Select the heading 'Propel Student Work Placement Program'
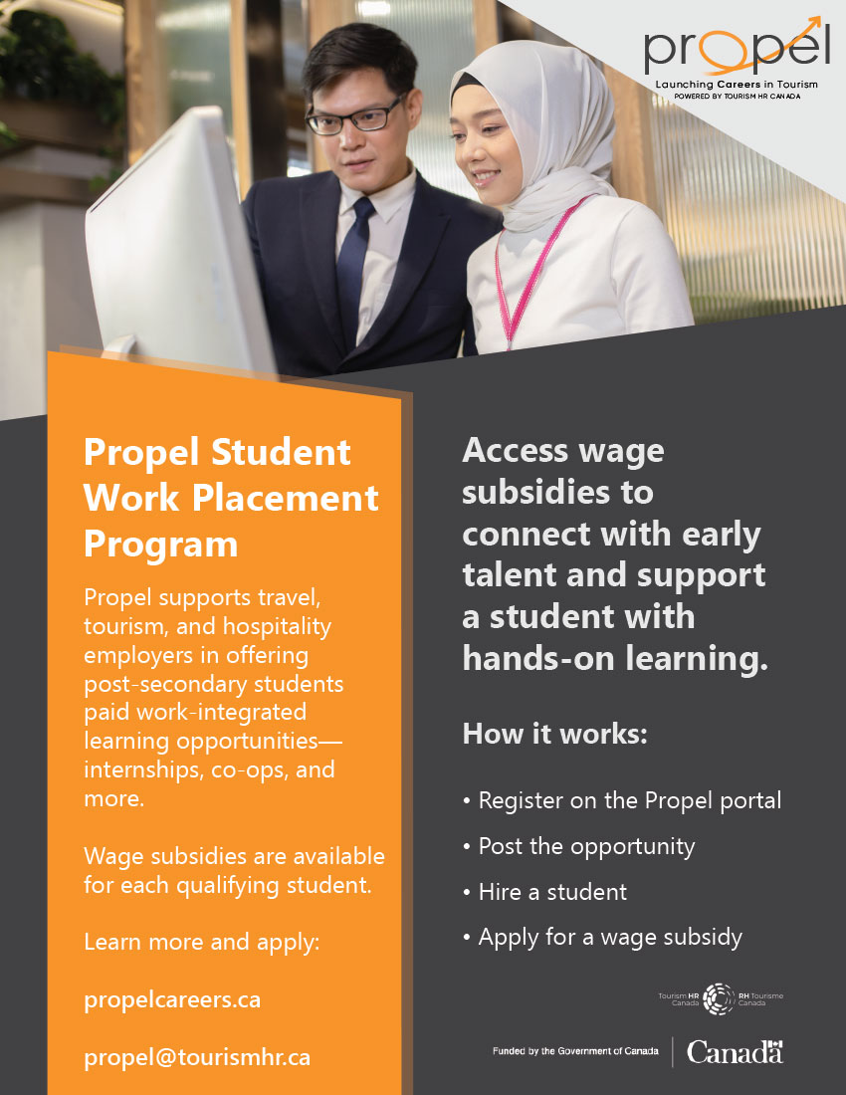231,498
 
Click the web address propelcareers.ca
172,998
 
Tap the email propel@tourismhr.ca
197,1056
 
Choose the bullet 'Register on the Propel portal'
629,799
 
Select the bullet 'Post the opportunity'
586,846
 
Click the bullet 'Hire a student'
552,892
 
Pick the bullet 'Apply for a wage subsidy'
609,937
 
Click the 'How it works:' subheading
555,735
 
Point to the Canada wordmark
735,1052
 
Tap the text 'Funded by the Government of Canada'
575,1052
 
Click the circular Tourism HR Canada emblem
719,998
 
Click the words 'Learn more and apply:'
201,941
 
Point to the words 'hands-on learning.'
615,658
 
